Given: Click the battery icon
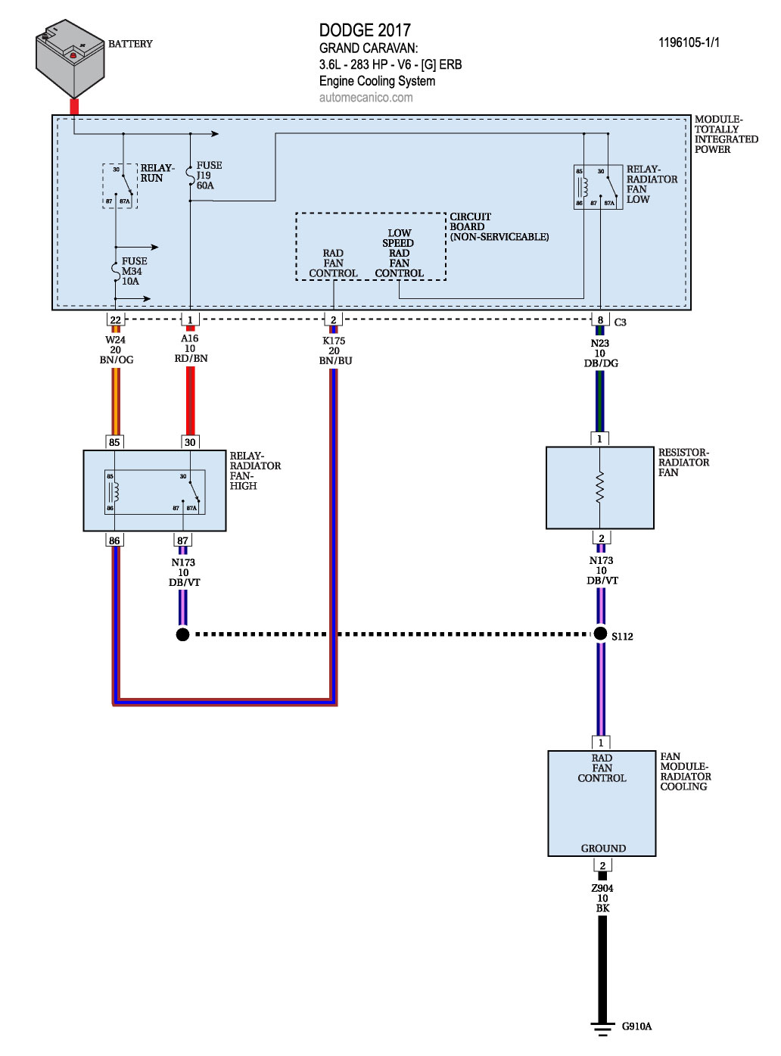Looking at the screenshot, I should tap(70, 58).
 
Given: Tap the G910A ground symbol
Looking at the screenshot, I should tap(602, 1028).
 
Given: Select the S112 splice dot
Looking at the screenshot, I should tap(600, 634).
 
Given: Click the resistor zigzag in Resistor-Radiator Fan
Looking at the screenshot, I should tap(600, 488).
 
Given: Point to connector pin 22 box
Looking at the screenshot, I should tap(115, 320).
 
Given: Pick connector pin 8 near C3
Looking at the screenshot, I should tap(600, 320).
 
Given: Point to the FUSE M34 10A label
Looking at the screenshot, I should tap(133, 271).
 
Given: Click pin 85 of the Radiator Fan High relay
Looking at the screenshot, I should tap(114, 442).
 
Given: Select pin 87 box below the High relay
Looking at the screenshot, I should tap(182, 540).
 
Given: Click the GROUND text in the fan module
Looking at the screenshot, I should tap(603, 849).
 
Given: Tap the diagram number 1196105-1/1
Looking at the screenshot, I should tap(689, 42).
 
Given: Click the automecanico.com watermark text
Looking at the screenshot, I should tap(366, 98).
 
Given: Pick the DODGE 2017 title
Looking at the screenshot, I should tap(365, 30).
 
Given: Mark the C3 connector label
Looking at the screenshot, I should tap(621, 322).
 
